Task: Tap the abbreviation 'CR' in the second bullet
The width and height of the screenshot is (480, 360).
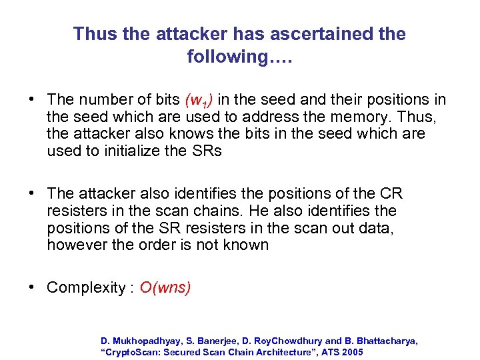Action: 391,194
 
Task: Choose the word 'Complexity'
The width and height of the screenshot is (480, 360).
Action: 86,288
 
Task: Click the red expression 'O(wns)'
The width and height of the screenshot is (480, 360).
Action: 165,288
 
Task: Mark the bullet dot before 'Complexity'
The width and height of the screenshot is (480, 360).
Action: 31,288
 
